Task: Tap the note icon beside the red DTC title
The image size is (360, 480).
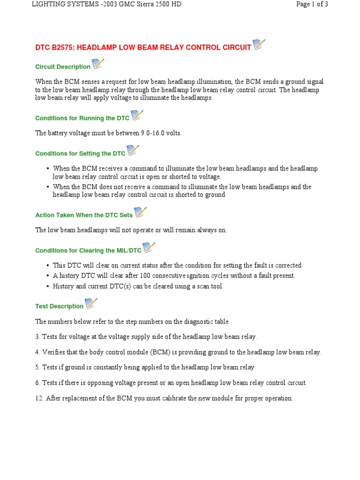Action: click(259, 45)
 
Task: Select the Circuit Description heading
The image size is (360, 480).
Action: click(63, 67)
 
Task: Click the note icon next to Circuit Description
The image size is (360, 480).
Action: click(98, 64)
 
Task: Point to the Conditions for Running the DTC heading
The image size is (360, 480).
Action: click(82, 119)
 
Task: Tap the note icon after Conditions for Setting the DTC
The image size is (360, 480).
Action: click(133, 150)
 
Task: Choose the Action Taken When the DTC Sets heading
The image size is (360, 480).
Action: click(84, 216)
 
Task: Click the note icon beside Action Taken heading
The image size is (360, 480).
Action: click(140, 213)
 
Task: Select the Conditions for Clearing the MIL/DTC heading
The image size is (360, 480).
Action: click(88, 251)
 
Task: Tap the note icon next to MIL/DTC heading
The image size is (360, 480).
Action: click(149, 248)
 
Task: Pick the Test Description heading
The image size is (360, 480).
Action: click(59, 307)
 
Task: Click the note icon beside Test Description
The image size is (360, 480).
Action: click(91, 304)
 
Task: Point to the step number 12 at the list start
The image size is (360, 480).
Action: click(39, 398)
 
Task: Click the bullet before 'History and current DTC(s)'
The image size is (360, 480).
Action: click(48, 286)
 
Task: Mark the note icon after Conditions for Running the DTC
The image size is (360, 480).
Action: click(137, 116)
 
